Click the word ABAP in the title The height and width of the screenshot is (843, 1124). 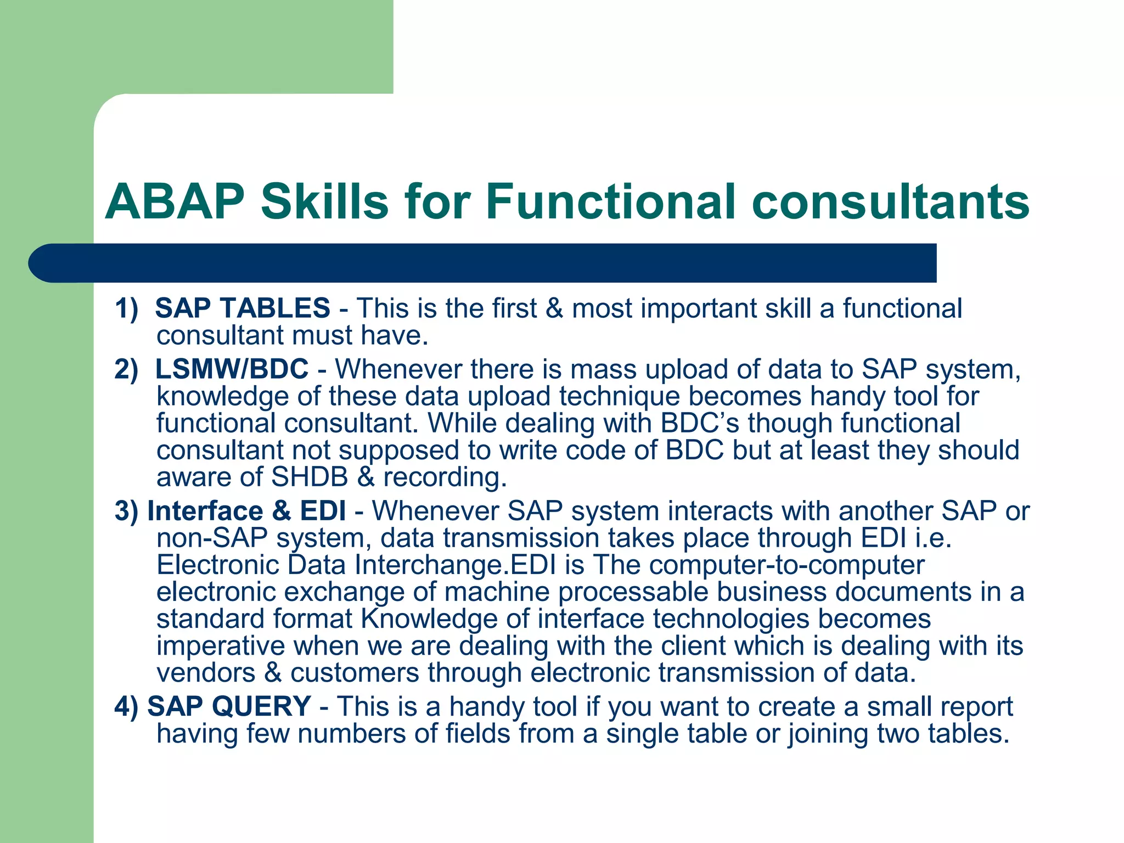[175, 202]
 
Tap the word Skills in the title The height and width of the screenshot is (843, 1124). [324, 202]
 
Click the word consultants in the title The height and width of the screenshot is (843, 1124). [892, 202]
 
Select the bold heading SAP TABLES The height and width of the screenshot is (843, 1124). [243, 308]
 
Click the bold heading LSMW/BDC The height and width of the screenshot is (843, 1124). [232, 369]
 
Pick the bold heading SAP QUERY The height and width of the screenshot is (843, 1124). [229, 706]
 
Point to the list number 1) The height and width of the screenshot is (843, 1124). [126, 308]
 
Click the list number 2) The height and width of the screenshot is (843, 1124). [126, 369]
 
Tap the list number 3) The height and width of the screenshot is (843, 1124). [126, 511]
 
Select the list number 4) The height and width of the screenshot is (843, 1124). [126, 706]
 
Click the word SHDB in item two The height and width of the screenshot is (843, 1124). [310, 477]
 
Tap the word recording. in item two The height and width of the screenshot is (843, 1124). [445, 477]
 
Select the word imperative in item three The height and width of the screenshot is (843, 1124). [221, 646]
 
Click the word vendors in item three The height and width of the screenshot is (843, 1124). [206, 673]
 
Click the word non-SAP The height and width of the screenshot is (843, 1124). [212, 538]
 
